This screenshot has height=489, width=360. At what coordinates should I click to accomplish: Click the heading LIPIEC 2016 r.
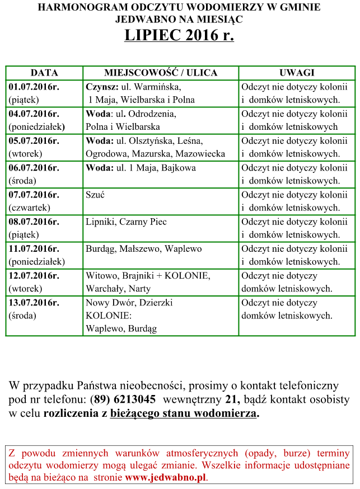tap(179, 35)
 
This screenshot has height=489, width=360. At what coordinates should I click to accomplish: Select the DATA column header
tap(44, 73)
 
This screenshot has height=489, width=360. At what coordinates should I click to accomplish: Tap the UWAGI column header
tap(297, 73)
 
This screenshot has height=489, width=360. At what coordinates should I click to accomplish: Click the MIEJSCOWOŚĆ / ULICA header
tap(161, 73)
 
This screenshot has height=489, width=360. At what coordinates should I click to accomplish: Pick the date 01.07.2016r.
tap(34, 87)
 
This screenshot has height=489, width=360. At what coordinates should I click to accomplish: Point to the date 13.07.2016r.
tap(34, 303)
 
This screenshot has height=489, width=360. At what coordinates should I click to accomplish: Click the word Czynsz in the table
tap(101, 87)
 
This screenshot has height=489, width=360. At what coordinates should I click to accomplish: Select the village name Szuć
tap(95, 195)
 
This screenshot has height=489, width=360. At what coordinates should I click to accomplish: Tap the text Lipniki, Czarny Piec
tap(126, 222)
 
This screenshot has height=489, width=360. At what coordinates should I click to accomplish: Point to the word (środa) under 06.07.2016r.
tap(22, 181)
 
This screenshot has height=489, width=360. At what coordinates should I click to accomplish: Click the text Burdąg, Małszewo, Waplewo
tap(143, 248)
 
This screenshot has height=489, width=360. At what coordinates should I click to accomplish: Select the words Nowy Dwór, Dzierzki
tap(129, 303)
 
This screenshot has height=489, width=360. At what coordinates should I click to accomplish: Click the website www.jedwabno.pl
tap(166, 478)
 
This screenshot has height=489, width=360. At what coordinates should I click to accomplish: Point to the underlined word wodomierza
tap(226, 413)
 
